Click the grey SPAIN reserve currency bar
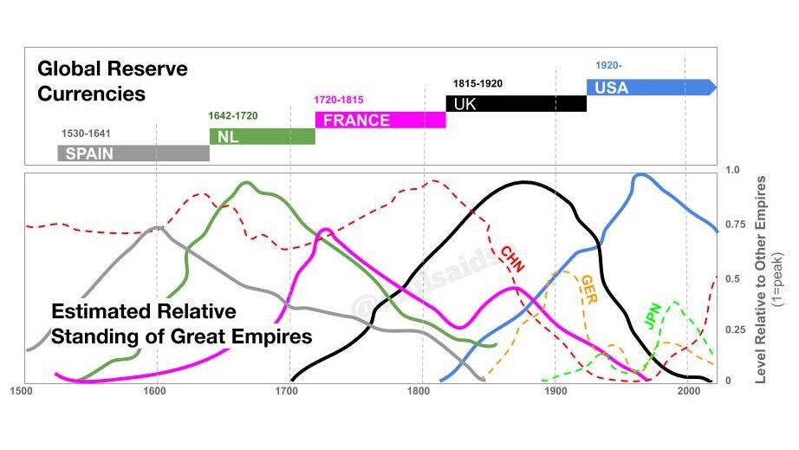click(133, 153)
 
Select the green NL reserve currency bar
click(262, 136)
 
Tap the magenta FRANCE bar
click(380, 120)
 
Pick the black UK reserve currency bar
click(516, 103)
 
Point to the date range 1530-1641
click(87, 134)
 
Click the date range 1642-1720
click(233, 116)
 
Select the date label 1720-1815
click(340, 100)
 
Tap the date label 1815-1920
click(477, 83)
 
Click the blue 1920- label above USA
click(607, 66)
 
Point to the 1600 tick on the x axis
click(154, 391)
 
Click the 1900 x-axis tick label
click(555, 391)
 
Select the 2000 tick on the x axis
click(687, 391)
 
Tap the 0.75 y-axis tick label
click(733, 224)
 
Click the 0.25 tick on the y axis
click(733, 329)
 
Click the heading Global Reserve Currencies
click(112, 80)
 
